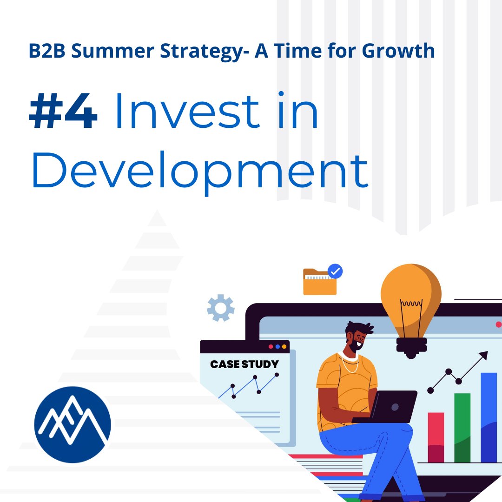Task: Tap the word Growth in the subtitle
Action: click(398, 51)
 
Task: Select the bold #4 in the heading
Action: click(63, 112)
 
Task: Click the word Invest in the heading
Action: click(186, 112)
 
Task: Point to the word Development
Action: click(200, 170)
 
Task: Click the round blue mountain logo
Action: click(73, 424)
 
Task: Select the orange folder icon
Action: click(319, 282)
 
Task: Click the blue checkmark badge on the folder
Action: click(335, 271)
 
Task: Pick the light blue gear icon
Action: click(221, 308)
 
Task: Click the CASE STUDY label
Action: click(244, 364)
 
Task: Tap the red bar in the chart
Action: click(436, 437)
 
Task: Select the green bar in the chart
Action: click(462, 428)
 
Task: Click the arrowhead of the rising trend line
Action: click(484, 356)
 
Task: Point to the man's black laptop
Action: click(393, 407)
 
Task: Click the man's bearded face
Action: click(356, 339)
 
